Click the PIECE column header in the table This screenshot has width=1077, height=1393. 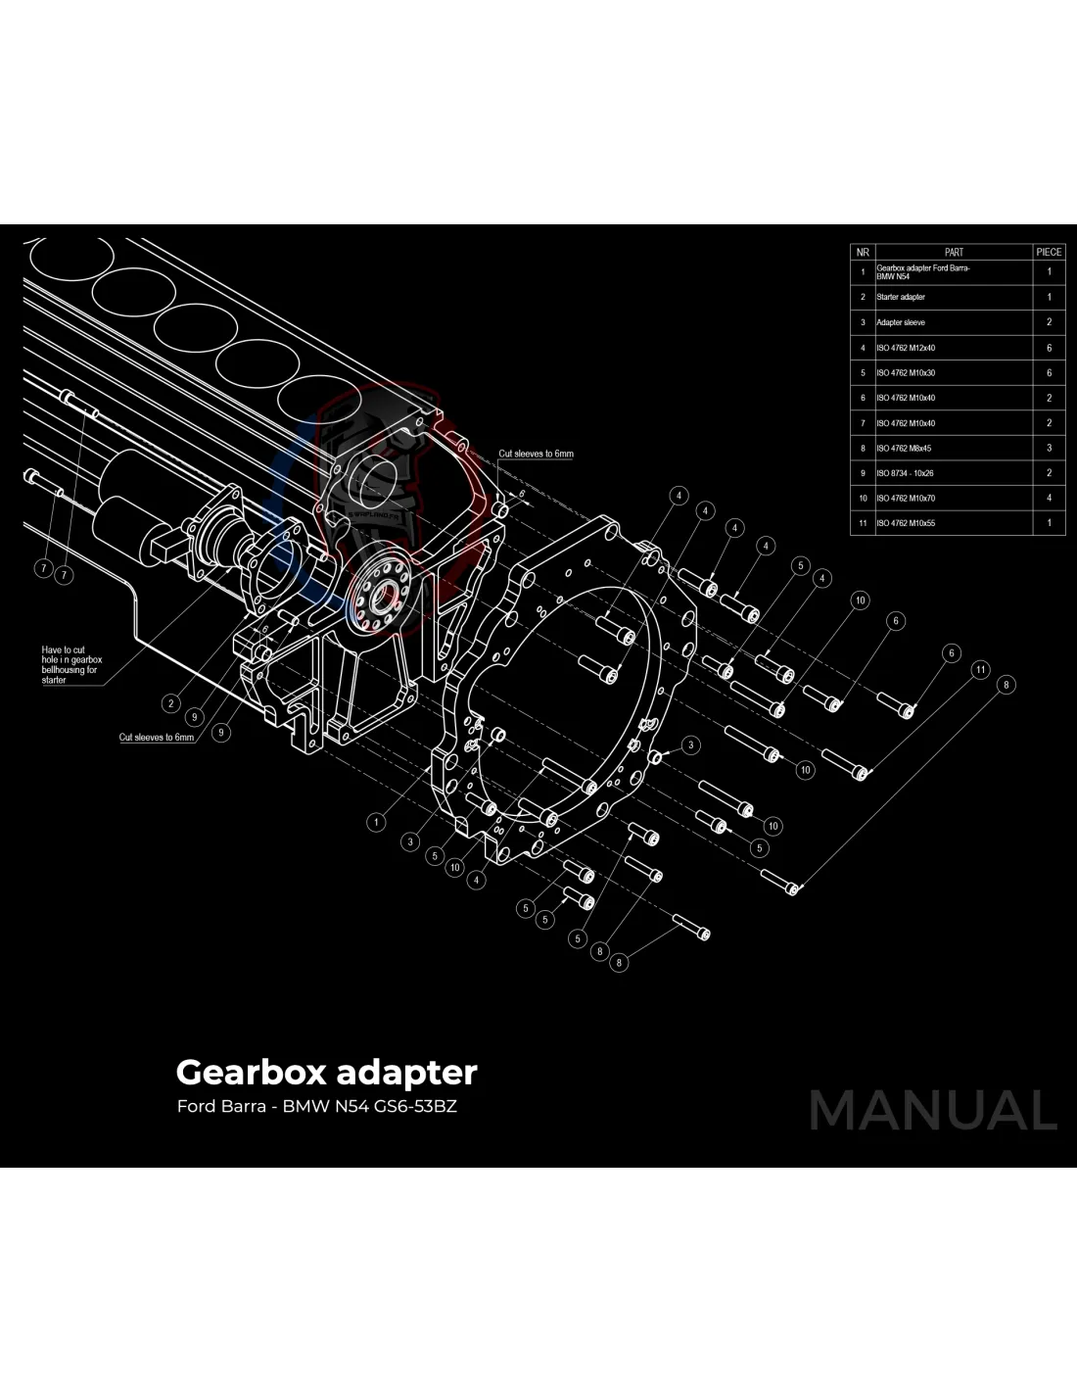[1048, 252]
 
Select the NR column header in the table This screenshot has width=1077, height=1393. [863, 252]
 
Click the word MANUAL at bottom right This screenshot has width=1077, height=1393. [932, 1110]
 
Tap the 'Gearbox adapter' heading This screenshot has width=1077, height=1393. [326, 1072]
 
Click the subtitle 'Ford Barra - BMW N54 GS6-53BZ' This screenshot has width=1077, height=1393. [316, 1107]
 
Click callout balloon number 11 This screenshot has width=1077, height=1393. [980, 670]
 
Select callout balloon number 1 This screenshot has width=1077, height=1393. [376, 822]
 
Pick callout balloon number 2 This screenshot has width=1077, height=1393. [171, 703]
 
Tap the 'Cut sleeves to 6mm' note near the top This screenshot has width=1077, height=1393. [536, 454]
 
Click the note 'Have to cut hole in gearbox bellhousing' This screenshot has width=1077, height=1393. [70, 664]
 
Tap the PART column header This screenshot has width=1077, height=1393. [953, 252]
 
